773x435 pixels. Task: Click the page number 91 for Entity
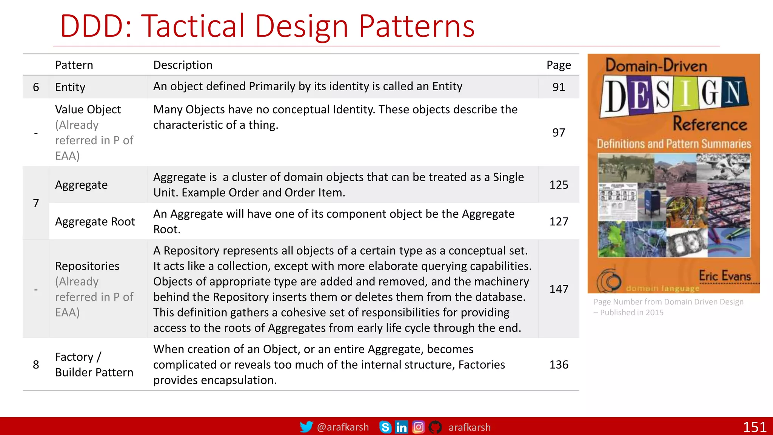pos(559,87)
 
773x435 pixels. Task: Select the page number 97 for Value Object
pos(559,133)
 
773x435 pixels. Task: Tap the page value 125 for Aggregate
pos(559,185)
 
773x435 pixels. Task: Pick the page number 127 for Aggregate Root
pos(559,222)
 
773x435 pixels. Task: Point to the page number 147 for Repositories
pos(559,289)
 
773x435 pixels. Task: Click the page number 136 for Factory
pos(559,365)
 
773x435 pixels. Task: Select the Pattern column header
pos(74,65)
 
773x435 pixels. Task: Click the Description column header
pos(183,65)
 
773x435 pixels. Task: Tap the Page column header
pos(559,65)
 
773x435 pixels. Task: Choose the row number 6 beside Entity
pos(36,87)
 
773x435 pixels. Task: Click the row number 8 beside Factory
pos(36,365)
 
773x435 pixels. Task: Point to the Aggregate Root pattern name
pos(95,222)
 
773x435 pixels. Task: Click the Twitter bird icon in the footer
pos(306,427)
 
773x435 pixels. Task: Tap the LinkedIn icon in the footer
pos(401,427)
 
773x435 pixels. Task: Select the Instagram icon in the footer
pos(418,427)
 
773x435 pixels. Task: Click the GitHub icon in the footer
pos(435,427)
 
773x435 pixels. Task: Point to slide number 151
pos(755,427)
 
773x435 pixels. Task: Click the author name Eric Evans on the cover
pos(725,276)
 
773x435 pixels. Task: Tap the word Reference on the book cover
pos(710,124)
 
